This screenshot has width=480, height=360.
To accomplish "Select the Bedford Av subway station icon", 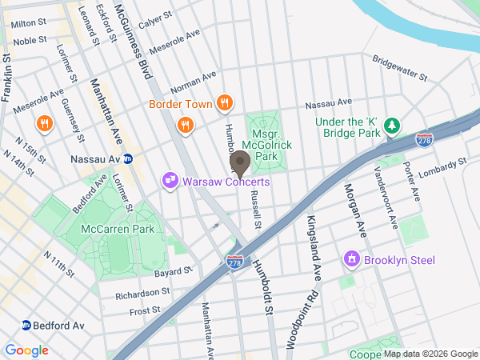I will tap(26, 326).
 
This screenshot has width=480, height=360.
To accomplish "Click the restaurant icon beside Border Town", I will tap(225, 103).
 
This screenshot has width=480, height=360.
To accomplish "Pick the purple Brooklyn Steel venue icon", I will tap(350, 259).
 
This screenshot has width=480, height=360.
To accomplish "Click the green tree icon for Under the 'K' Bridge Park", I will tap(391, 126).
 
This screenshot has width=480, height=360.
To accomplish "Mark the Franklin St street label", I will tap(7, 77).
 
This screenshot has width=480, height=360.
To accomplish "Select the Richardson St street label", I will tap(142, 294).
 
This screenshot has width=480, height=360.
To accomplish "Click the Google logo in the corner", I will tap(26, 350).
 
